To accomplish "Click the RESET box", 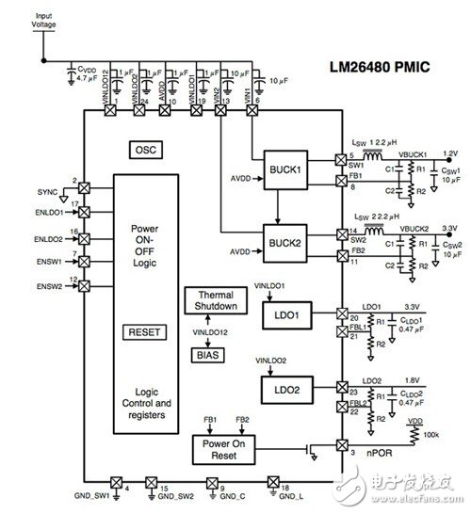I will (x=144, y=331).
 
